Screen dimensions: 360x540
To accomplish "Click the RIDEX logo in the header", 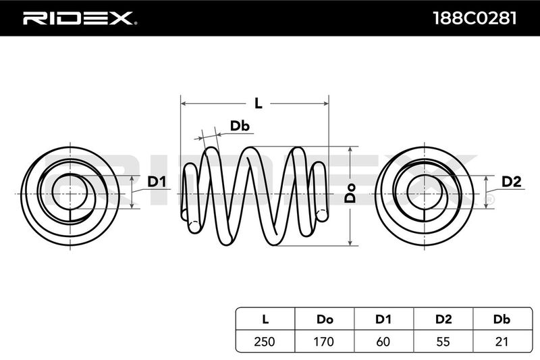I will click(x=80, y=18).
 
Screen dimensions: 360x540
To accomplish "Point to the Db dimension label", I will click(x=240, y=126).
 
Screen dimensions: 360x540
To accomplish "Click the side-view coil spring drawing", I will click(x=255, y=195).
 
